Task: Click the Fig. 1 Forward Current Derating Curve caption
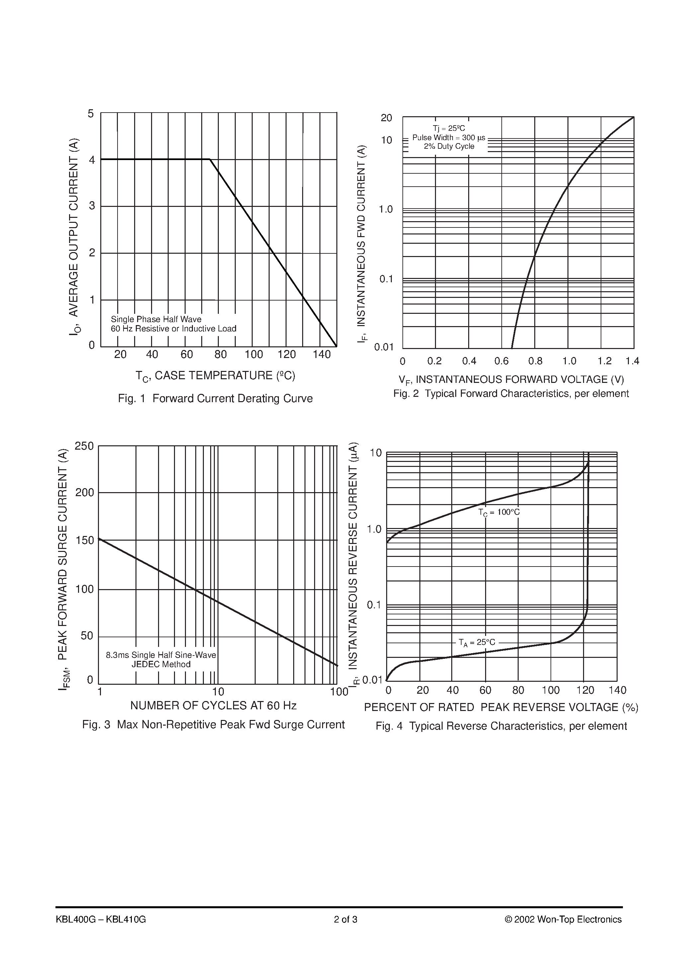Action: (215, 399)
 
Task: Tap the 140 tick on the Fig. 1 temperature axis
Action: (321, 354)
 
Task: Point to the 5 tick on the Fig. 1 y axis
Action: (91, 114)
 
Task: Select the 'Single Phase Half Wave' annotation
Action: (156, 319)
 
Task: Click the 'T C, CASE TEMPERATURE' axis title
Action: (215, 376)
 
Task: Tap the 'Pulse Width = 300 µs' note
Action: (449, 138)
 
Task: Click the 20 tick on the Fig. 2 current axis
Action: (386, 118)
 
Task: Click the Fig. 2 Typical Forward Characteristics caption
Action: (511, 394)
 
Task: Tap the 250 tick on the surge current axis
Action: (84, 446)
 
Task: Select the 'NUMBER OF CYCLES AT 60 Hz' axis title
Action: (213, 705)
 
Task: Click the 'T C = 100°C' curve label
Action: (499, 512)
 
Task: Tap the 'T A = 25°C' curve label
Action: (477, 642)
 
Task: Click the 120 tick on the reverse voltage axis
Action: (585, 690)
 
